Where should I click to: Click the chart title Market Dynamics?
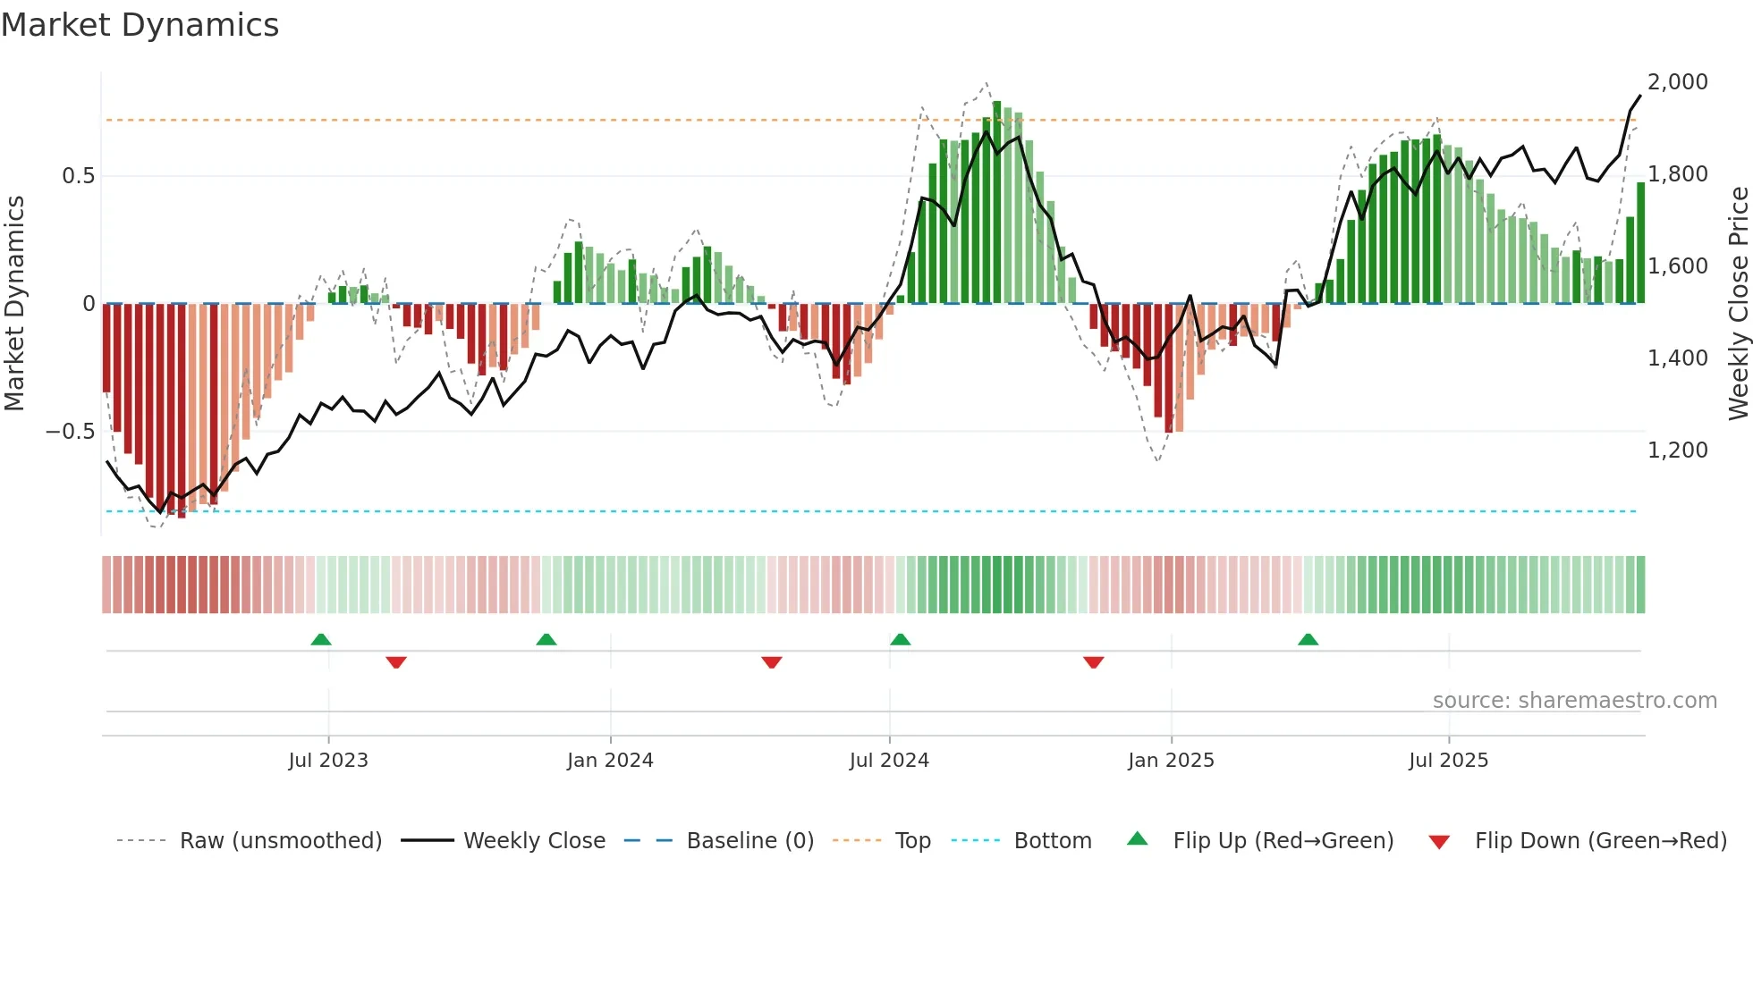(x=140, y=25)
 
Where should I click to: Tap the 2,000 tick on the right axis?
(x=1677, y=82)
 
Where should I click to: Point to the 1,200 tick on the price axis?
(x=1677, y=450)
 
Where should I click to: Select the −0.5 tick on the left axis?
(x=70, y=432)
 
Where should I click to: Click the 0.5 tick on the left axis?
(x=78, y=176)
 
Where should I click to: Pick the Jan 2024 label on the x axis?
(x=610, y=761)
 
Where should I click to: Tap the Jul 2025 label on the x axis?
(x=1448, y=761)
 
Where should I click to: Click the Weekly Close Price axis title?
(x=1738, y=303)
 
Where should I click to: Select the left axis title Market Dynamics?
(x=14, y=303)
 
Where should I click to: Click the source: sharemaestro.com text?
(x=1574, y=701)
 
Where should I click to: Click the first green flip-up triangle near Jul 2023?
(x=321, y=640)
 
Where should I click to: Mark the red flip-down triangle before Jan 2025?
(x=1093, y=662)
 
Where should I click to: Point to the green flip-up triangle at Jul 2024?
(x=901, y=640)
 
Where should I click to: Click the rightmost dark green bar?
(x=1640, y=243)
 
